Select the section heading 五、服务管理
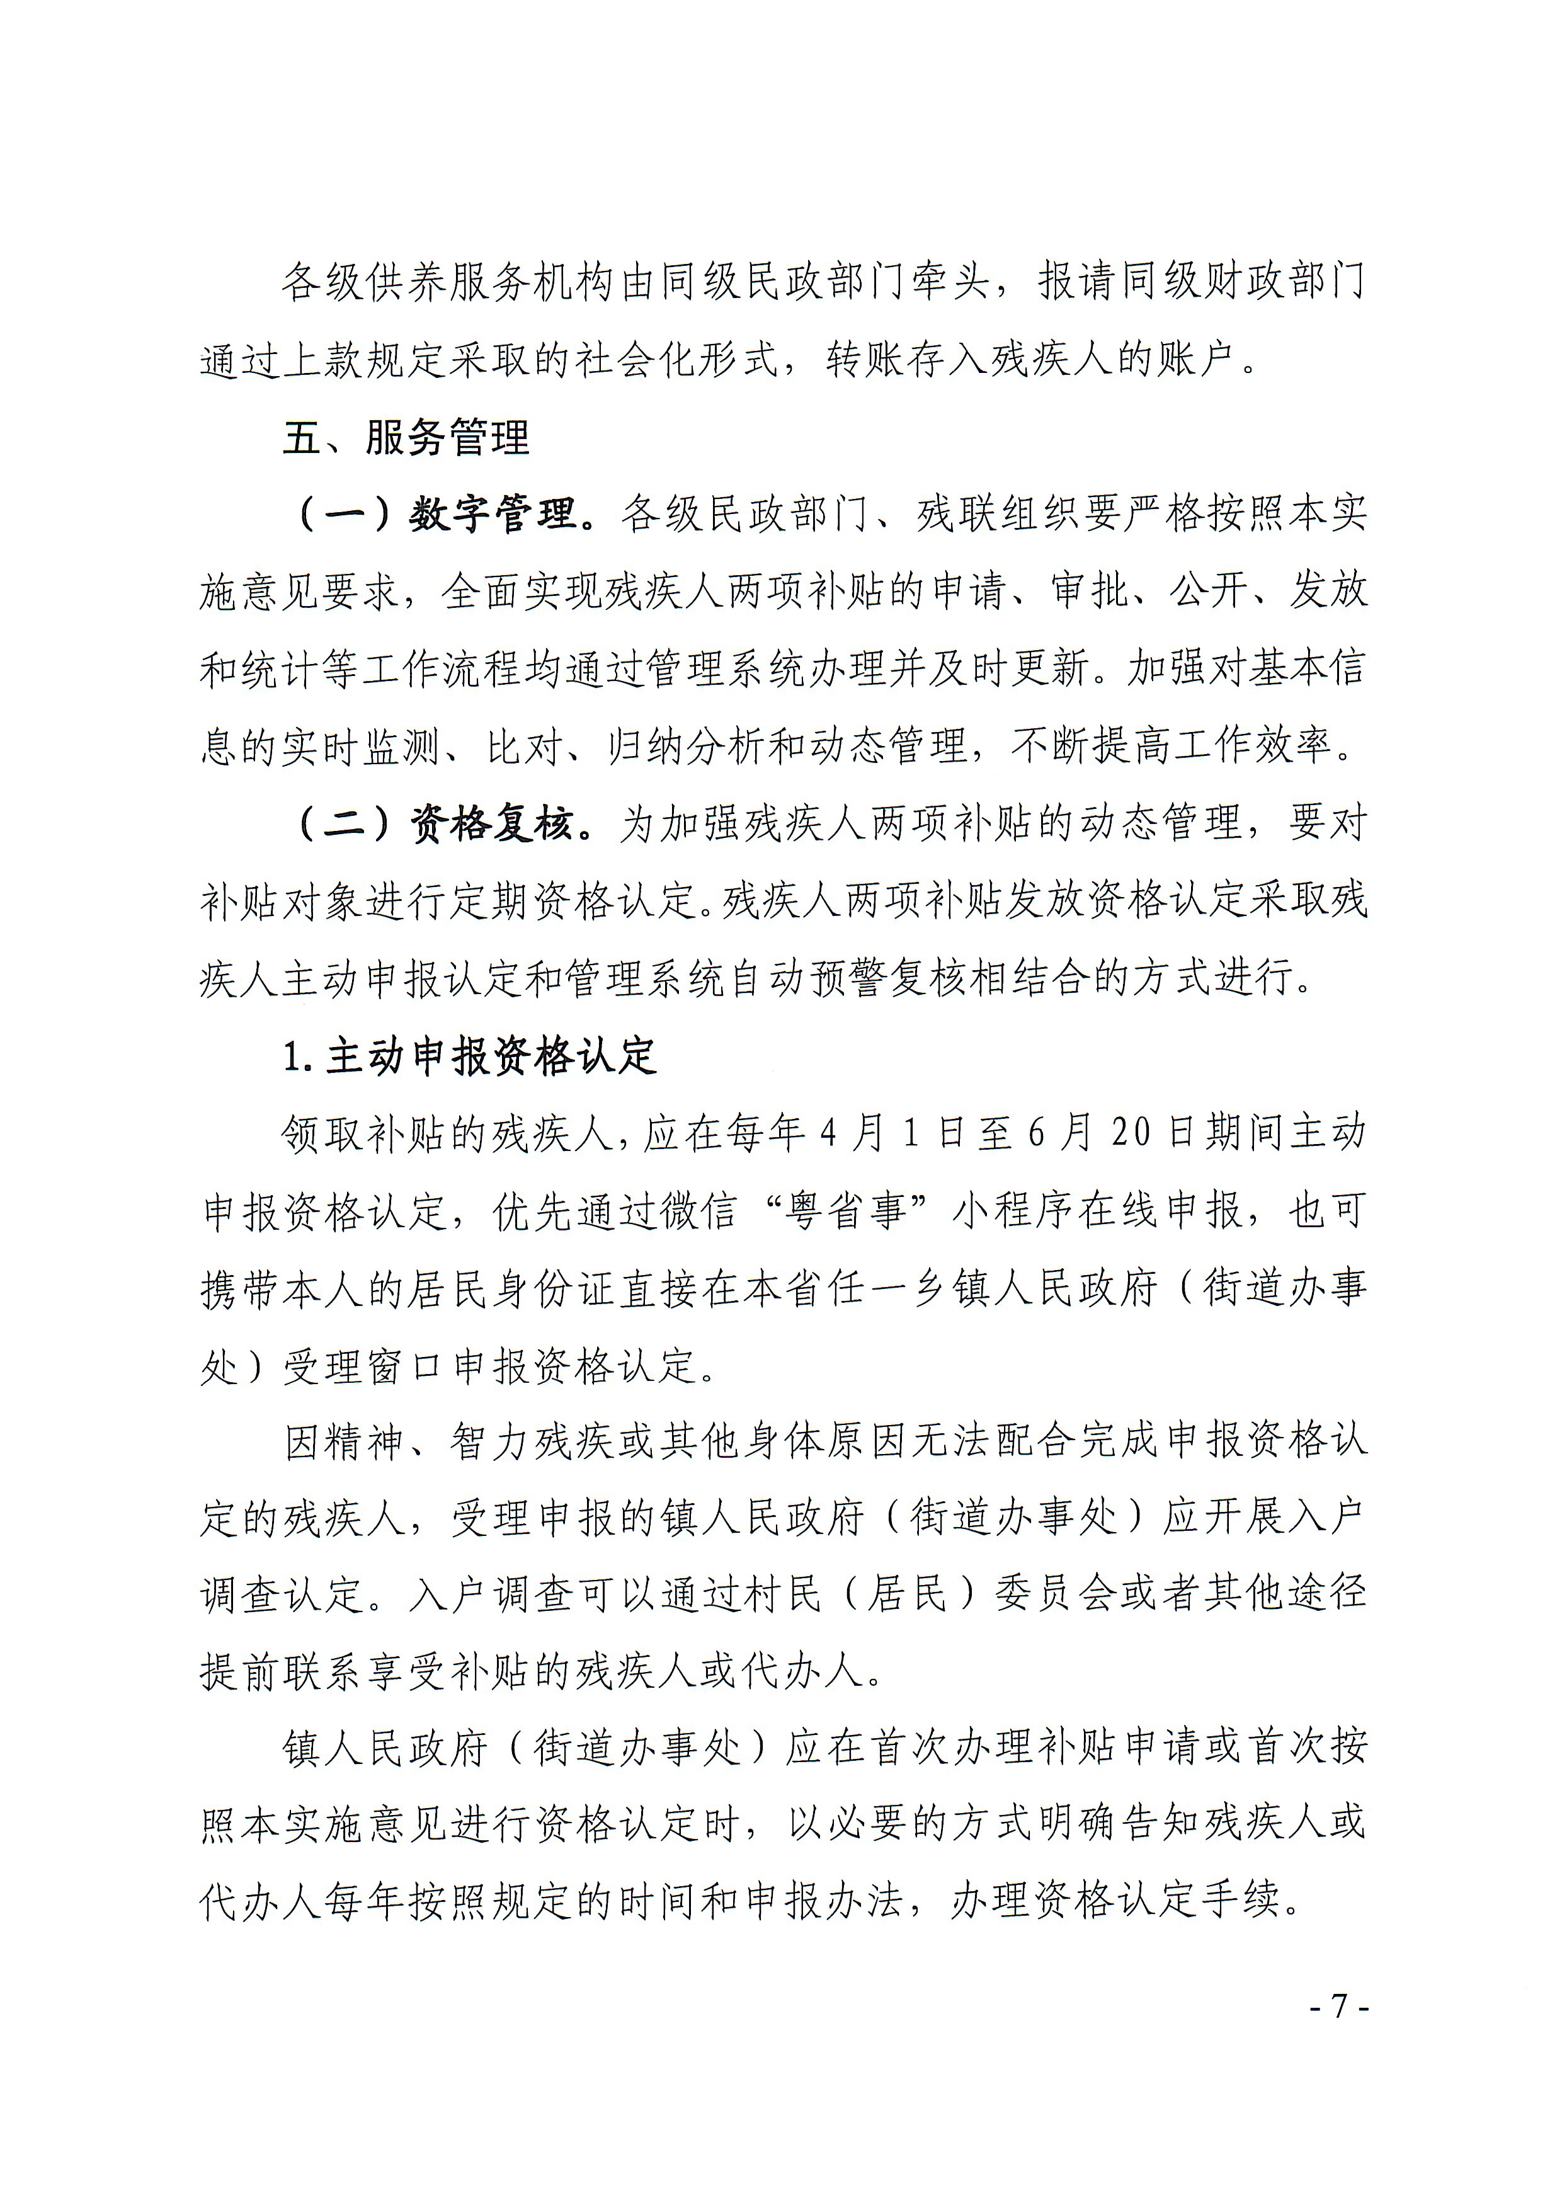pyautogui.click(x=405, y=438)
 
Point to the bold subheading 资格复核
pyautogui.click(x=492, y=824)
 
